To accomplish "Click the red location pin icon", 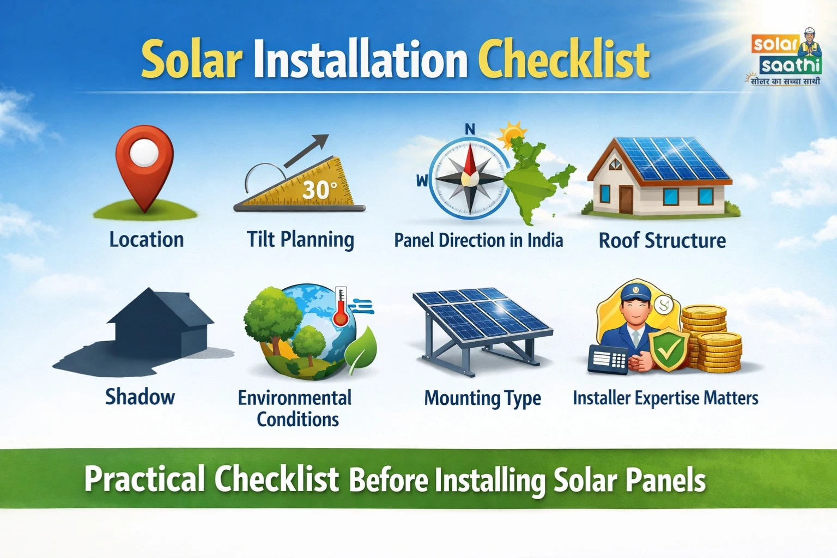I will [144, 163].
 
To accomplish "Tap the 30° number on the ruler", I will [319, 189].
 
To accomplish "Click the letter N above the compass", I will [470, 129].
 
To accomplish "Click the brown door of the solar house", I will [626, 199].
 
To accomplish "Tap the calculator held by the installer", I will [608, 360].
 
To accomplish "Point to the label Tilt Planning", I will [300, 240].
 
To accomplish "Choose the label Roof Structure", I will [662, 240].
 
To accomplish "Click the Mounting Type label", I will [482, 398].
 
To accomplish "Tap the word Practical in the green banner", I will [144, 479].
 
